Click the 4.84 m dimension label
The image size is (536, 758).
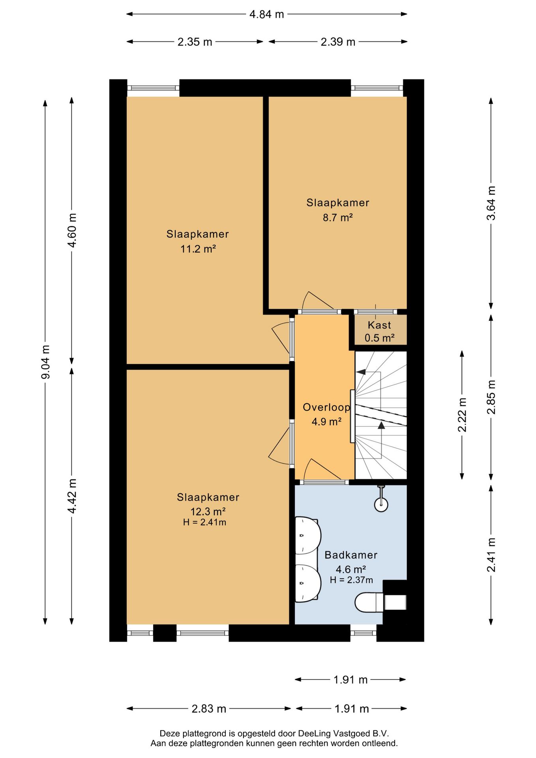coord(266,14)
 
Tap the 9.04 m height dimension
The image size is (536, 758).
coord(45,362)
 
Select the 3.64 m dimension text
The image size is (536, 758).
coord(491,203)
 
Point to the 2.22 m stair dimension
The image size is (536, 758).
coord(462,415)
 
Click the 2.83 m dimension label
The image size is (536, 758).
coord(209,709)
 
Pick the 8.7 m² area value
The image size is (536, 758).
coord(337,218)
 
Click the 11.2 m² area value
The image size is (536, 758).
coord(198,249)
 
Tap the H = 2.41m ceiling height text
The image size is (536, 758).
coord(204,522)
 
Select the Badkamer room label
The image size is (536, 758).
coord(351,555)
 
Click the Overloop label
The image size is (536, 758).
coord(326,407)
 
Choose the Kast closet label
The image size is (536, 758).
coord(379,325)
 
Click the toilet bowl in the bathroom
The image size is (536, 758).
coord(369,602)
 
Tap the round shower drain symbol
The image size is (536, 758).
coord(381,505)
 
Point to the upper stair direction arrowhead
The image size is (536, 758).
coord(361,371)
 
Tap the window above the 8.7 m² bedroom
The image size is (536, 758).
coord(377,88)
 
